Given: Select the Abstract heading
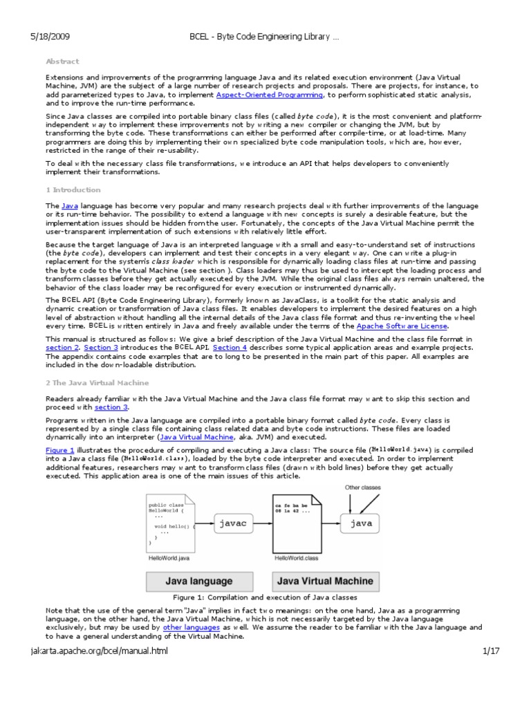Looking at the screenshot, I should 62,62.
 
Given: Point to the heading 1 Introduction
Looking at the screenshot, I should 73,189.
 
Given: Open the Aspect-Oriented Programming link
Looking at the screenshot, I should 270,94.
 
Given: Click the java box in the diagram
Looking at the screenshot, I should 360,524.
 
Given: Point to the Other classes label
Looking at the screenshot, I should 362,487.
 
